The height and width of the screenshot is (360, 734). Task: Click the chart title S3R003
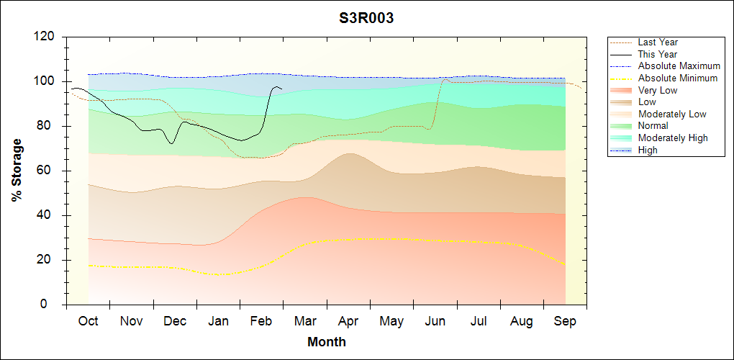click(366, 18)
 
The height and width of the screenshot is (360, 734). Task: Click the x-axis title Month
click(326, 342)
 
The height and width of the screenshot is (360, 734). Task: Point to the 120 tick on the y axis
click(46, 37)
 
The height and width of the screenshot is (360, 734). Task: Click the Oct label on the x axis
click(89, 321)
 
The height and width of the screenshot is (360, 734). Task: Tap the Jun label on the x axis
click(435, 321)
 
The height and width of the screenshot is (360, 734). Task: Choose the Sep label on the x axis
click(565, 321)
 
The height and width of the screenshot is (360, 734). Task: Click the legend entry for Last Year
click(658, 42)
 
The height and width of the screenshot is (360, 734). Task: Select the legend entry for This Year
click(658, 54)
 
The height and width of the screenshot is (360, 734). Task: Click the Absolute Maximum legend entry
click(679, 66)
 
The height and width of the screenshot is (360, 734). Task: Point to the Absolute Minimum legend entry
click(678, 78)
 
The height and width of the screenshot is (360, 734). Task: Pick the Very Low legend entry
click(658, 90)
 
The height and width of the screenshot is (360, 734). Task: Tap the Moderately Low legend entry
click(672, 114)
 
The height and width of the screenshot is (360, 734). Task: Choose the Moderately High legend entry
click(673, 138)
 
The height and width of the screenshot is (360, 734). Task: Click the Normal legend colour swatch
click(622, 126)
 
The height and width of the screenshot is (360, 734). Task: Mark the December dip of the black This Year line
click(171, 143)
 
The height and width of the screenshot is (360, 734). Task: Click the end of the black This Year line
click(281, 89)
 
